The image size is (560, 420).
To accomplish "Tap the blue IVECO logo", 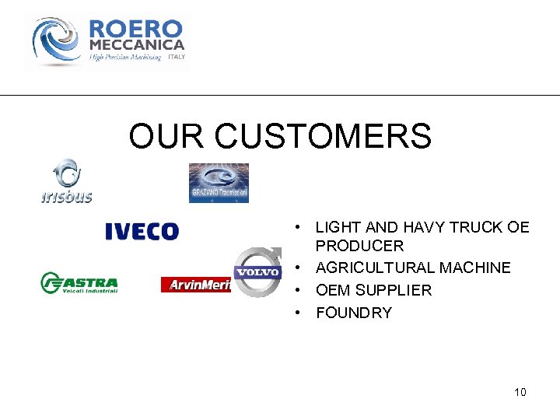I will point(142,231).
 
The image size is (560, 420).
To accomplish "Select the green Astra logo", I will point(79,283).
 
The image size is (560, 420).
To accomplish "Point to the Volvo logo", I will point(257,271).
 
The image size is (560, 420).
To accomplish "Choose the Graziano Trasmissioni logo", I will point(219,183).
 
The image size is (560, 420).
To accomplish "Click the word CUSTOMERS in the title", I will point(323,136).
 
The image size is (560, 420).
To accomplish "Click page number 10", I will point(520,392).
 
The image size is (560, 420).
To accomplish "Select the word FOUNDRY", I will point(354,313).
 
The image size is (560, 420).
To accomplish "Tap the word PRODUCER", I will point(360,246).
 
